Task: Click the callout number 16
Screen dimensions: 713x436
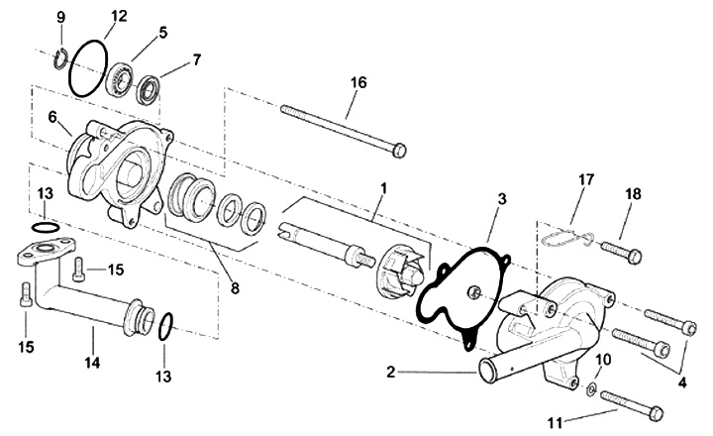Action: point(358,83)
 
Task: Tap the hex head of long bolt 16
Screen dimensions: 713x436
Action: point(399,151)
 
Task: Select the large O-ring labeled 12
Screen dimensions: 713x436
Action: point(88,68)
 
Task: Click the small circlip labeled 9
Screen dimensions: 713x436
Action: point(60,59)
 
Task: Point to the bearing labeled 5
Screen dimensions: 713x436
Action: point(119,80)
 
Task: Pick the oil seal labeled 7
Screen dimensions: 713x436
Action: point(150,90)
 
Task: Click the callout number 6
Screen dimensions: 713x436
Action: point(52,117)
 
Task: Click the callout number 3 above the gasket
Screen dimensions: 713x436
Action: point(501,199)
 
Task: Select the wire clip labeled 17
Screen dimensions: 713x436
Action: point(567,238)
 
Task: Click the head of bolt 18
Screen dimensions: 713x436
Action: point(633,257)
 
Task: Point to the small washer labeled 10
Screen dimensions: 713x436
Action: point(592,388)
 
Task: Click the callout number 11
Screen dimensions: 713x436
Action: point(555,423)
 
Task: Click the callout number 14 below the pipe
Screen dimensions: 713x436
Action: point(92,363)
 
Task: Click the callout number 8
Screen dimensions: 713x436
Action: point(235,288)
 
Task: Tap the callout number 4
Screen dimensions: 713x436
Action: point(682,382)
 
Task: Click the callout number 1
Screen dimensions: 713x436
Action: point(384,187)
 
